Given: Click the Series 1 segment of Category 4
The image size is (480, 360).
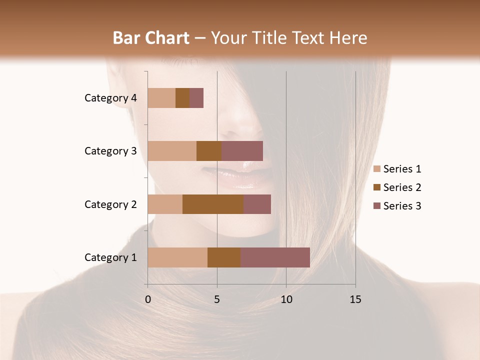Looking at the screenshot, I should (x=161, y=98).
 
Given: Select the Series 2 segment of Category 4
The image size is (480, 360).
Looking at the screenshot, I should (x=182, y=98).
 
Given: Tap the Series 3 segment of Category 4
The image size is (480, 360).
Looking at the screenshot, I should (x=196, y=98).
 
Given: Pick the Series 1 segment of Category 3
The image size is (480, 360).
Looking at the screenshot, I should (x=172, y=151).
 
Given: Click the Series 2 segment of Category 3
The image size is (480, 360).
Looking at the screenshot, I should (x=209, y=151).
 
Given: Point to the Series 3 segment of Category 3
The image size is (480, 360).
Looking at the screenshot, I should (x=242, y=151).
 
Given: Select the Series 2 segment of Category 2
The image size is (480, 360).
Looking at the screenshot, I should (x=213, y=204).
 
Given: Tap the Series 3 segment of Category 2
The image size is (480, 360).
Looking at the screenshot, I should (x=257, y=204).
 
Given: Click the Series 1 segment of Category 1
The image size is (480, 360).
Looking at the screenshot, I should (x=177, y=257).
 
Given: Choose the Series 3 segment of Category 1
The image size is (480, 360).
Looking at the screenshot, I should (x=275, y=257).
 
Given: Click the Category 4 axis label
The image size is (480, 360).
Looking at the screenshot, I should (x=110, y=98).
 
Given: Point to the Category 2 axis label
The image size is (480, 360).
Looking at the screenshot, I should (x=110, y=204).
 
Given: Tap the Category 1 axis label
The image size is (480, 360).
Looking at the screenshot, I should (x=110, y=257).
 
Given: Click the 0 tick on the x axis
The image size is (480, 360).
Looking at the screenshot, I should (x=148, y=299).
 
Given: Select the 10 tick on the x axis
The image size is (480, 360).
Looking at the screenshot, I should (x=286, y=299).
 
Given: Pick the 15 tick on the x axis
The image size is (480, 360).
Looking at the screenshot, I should (x=355, y=299).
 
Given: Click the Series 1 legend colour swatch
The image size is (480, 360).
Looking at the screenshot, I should (x=376, y=169).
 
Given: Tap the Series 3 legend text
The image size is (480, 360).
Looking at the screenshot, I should (x=402, y=206).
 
